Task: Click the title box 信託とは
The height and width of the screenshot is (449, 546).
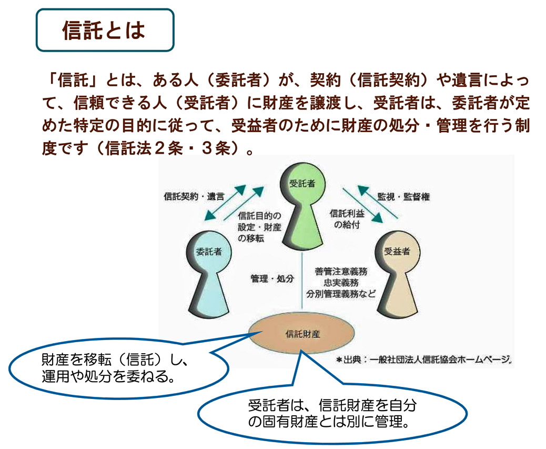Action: pos(105,30)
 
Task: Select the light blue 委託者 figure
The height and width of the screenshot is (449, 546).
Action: pos(209,274)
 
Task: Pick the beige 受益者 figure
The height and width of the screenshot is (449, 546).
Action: pos(397,274)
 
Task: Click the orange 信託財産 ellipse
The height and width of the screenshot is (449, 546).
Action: pos(302,333)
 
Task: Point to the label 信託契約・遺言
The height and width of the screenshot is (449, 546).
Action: pos(194,196)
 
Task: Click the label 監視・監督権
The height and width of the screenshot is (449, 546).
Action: pos(403,196)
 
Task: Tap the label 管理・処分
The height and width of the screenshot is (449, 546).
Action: pos(272,278)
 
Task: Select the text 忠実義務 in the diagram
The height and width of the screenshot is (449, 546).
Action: pos(341,283)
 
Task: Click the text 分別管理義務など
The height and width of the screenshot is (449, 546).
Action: pos(341,294)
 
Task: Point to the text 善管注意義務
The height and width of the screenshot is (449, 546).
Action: pos(341,272)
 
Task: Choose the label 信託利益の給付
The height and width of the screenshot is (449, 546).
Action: pos(347,219)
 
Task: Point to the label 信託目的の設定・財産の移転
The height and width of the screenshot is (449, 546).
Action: pos(259,227)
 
